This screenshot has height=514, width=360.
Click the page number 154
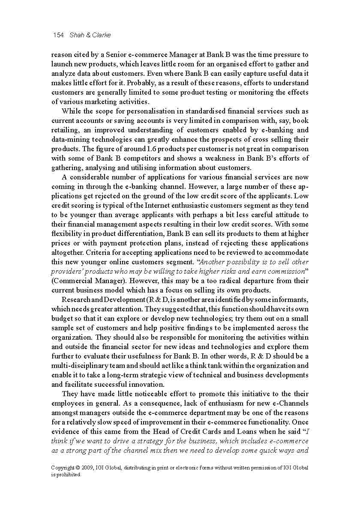coord(58,35)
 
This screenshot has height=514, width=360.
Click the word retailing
coord(65,130)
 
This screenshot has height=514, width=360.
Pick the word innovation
coord(147,385)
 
